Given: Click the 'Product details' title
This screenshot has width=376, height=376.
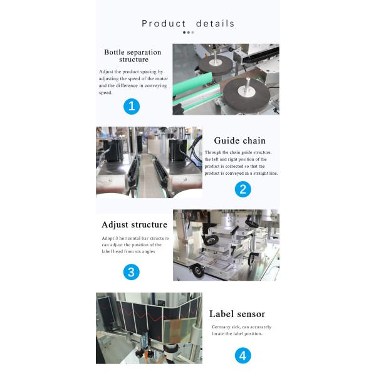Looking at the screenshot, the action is [x=188, y=24].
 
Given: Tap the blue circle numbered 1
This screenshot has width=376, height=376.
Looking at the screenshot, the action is [x=132, y=107].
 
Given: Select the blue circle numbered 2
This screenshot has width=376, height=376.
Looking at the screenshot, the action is [x=243, y=189].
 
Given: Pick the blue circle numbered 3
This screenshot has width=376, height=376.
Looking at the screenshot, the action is [x=131, y=272].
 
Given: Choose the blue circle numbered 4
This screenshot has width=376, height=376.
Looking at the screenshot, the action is [x=243, y=355].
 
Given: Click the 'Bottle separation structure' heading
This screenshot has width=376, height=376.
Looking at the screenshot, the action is [x=133, y=56].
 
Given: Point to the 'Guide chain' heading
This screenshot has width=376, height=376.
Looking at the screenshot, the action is [x=240, y=140].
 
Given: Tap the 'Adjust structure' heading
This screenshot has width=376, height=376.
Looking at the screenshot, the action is [x=134, y=225].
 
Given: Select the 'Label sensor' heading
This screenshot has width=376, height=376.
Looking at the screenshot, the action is [x=237, y=314].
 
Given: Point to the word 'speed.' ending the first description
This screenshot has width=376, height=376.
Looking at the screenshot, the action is [x=105, y=93].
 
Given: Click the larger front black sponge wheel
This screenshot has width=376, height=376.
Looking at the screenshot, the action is [x=247, y=95].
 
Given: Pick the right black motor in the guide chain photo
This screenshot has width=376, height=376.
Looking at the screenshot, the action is [x=178, y=150].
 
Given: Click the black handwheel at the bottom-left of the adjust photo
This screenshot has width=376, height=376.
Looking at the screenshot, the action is [x=198, y=270].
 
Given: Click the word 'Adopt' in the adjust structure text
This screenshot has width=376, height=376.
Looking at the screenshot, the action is [x=108, y=239].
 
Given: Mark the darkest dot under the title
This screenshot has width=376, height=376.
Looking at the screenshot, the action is [x=184, y=33].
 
